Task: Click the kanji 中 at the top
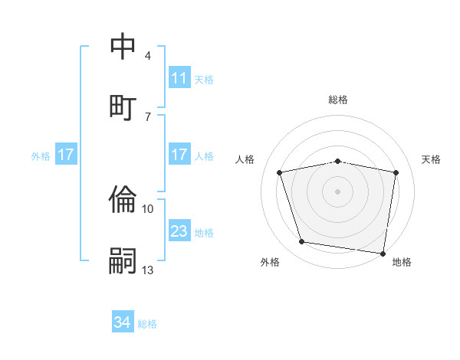coord(123,47)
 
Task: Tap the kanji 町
coord(123,106)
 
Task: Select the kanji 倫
coord(123,199)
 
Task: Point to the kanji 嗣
coord(123,260)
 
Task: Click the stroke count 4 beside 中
coord(148,56)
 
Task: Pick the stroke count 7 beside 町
coord(148,116)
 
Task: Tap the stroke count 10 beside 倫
coord(148,208)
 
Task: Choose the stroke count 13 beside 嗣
coord(148,270)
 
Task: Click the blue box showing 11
coord(179,78)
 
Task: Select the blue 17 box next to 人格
coord(179,155)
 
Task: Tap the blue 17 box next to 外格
coord(66,155)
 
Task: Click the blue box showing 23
coord(179,231)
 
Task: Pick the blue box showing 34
coord(123,323)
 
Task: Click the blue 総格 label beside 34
coord(148,324)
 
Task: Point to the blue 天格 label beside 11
coord(204,79)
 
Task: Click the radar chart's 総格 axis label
coord(338,100)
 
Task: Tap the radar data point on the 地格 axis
coord(383,253)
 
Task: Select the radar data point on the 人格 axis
coord(280,172)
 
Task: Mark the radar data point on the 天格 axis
coord(396,172)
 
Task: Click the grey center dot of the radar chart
coord(338,191)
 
